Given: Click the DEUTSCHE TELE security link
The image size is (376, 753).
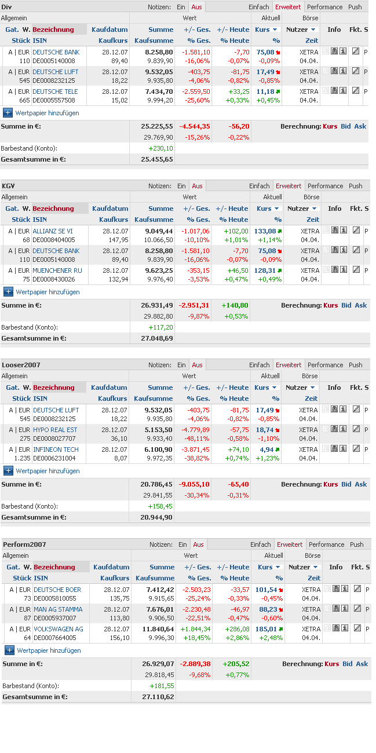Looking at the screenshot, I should pos(55,92).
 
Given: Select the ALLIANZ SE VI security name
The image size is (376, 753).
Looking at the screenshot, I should pos(53,231).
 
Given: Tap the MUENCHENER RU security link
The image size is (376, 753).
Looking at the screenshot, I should pos(57,271).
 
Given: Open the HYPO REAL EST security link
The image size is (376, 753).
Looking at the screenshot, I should pos(55,430).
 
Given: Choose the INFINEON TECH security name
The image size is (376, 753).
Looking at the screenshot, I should pos(56,449).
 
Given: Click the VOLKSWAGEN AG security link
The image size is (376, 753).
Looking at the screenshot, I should pos(59,629).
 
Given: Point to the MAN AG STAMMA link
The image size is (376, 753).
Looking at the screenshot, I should pos(58,609).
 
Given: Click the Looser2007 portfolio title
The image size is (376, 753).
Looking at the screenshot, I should pos(21,365).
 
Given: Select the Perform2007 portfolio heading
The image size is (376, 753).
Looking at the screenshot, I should pos(24,544).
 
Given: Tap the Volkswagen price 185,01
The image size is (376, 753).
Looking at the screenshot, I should pos(266,629).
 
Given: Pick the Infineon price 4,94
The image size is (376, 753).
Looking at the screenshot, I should pos(267,449).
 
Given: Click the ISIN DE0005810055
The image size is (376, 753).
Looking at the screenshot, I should pos(54,598).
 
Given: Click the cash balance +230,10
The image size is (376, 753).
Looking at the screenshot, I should pos(161,148).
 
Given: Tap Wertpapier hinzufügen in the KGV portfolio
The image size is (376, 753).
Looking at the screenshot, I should pos(47,292).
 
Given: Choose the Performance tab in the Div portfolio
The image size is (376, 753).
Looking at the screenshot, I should pos(324,7).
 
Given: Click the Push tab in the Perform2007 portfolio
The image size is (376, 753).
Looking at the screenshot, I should pos(357,544).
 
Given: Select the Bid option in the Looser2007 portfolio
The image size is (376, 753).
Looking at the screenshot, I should pos(346,484).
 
